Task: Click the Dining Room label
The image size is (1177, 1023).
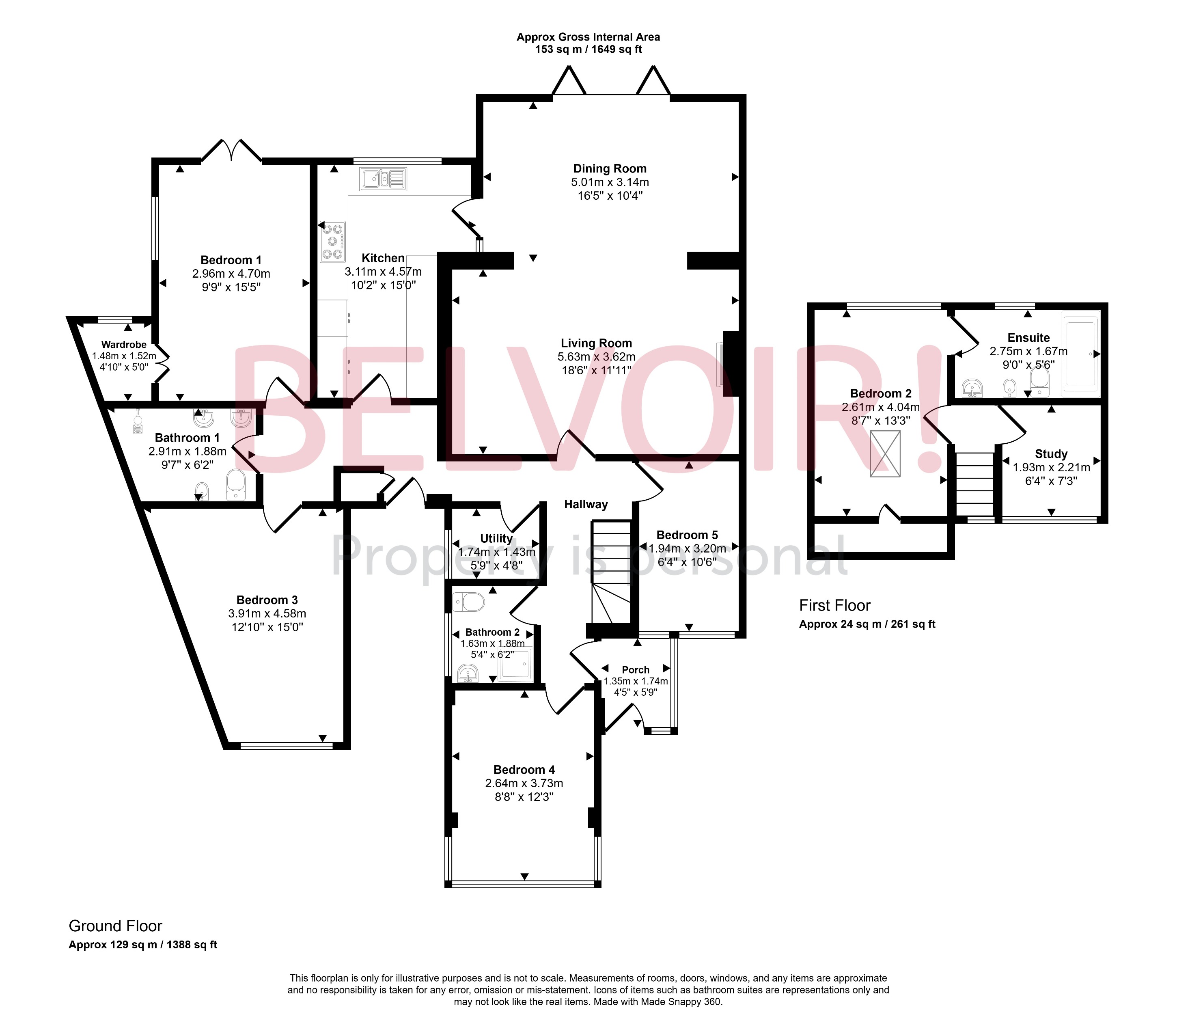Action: [x=610, y=168]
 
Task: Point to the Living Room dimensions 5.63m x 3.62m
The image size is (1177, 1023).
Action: [x=596, y=357]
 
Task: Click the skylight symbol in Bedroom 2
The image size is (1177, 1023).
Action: [x=885, y=454]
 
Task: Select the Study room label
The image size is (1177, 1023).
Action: [x=1051, y=454]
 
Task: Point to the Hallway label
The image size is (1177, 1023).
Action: [x=586, y=504]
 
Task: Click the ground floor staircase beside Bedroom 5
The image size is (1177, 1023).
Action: [x=611, y=571]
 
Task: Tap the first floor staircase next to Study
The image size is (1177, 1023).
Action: [x=975, y=484]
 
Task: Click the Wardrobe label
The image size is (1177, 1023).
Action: [x=124, y=344]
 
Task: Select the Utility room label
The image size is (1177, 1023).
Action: [x=496, y=538]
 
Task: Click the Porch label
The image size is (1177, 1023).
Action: [x=635, y=670]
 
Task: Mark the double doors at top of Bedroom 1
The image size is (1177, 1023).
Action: [x=231, y=151]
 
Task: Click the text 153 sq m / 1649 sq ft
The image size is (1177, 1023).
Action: [x=588, y=50]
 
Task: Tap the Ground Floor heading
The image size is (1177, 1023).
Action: [x=115, y=926]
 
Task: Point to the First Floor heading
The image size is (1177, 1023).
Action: [x=834, y=605]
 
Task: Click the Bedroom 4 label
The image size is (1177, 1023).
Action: [x=524, y=770]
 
